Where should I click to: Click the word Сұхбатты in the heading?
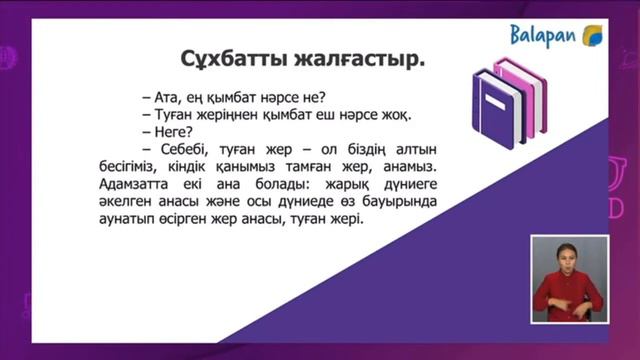click(x=228, y=57)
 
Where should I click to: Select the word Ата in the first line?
click(x=161, y=98)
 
